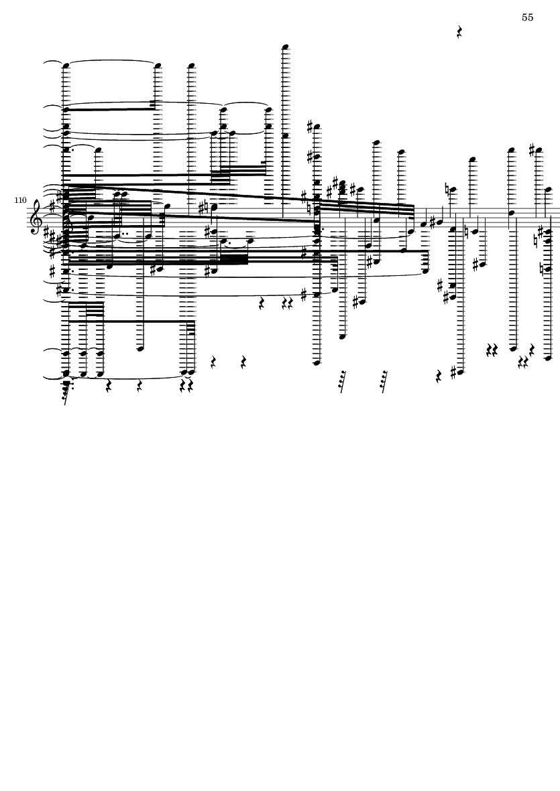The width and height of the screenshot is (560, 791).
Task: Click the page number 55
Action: click(x=527, y=17)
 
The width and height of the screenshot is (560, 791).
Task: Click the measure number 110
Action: click(x=20, y=200)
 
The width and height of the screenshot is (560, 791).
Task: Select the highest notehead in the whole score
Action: click(x=286, y=48)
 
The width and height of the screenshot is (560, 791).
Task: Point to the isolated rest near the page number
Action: click(x=459, y=32)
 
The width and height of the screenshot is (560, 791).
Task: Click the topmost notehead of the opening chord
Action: click(x=66, y=66)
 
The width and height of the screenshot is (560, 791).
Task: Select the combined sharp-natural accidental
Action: click(x=203, y=208)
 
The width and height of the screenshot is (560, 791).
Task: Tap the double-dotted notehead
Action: click(x=117, y=236)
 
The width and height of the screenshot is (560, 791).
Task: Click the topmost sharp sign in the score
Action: click(x=311, y=127)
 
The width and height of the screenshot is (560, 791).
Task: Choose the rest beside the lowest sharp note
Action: click(x=439, y=376)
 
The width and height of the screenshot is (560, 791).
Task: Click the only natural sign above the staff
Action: click(x=447, y=189)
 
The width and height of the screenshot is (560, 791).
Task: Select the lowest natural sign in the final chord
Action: click(x=543, y=269)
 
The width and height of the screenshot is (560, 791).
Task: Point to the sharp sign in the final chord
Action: click(x=541, y=232)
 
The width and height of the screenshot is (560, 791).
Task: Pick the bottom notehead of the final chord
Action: click(x=549, y=358)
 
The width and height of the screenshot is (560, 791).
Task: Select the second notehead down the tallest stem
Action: click(x=286, y=136)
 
